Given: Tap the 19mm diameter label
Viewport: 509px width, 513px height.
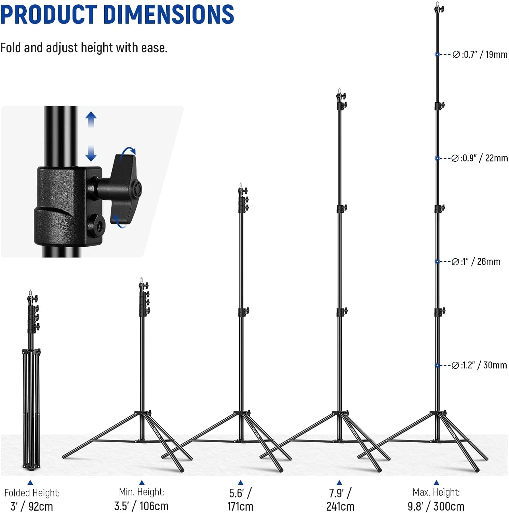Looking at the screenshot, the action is click(x=480, y=54).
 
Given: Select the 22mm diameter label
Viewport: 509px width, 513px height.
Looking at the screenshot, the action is click(x=479, y=158).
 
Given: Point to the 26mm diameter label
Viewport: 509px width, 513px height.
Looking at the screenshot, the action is click(x=476, y=262).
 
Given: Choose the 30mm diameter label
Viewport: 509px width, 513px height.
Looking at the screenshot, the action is click(x=479, y=365).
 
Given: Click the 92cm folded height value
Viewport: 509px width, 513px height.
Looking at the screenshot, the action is click(x=32, y=506).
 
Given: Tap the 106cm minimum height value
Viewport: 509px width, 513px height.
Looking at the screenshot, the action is click(x=141, y=506).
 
